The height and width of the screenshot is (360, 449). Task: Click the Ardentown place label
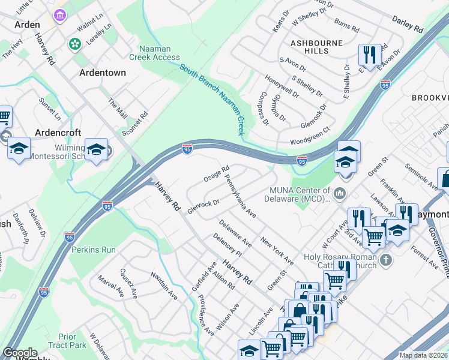[x=103, y=73]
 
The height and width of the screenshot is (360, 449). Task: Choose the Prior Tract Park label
[x=72, y=341]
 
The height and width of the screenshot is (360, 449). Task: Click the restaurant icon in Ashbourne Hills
[x=367, y=55]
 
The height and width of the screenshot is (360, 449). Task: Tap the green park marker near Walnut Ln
[x=75, y=43]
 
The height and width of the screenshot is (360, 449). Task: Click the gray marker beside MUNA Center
[x=340, y=192]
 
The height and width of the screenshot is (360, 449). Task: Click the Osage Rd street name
[x=217, y=175]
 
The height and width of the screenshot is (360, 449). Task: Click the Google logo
[x=20, y=353]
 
